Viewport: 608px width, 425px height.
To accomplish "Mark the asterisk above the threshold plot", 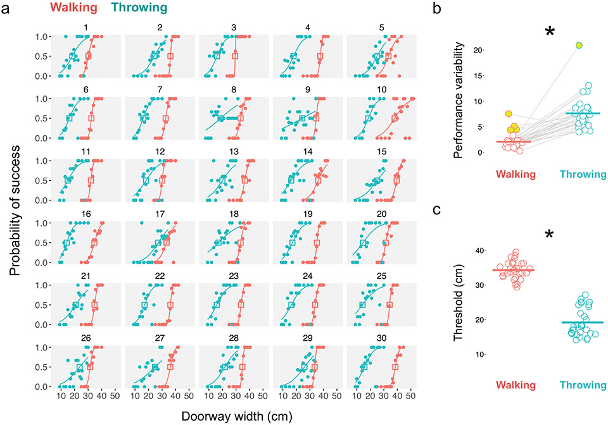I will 549,235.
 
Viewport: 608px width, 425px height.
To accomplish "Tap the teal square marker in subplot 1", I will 72,56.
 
